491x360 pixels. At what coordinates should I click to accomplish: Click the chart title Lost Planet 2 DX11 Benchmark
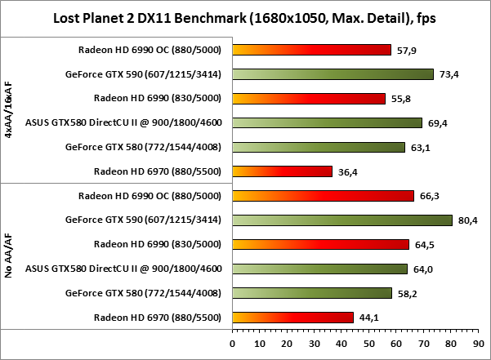click(x=244, y=17)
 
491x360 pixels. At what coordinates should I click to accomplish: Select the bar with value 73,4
click(x=333, y=74)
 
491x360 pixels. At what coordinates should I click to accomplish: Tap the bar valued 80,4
click(x=342, y=220)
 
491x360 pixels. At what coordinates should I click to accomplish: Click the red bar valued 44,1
click(x=292, y=317)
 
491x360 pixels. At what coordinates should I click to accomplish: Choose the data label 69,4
click(x=439, y=123)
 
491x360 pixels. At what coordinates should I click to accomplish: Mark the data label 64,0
click(x=423, y=269)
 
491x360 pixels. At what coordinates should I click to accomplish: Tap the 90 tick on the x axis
click(x=479, y=343)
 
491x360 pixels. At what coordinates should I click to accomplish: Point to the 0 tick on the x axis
click(x=233, y=343)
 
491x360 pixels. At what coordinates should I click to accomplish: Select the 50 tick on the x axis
click(x=369, y=343)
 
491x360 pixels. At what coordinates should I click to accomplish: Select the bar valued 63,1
click(x=319, y=147)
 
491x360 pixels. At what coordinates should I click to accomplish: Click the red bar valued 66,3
click(x=323, y=196)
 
